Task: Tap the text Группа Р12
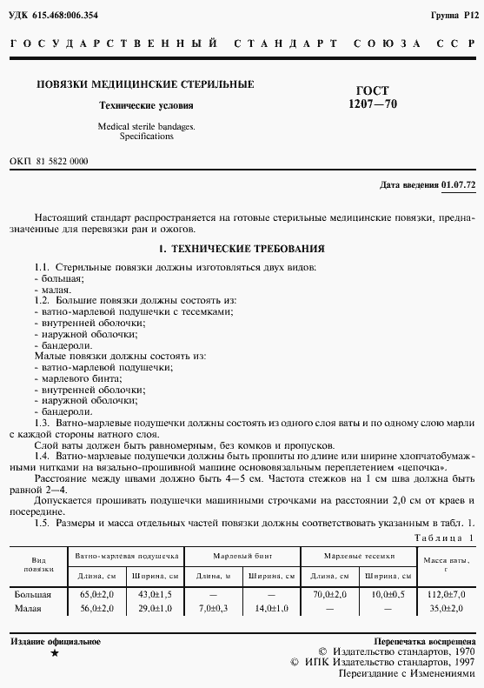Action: [x=453, y=15]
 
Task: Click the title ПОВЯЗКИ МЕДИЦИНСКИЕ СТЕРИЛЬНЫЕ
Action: [x=144, y=84]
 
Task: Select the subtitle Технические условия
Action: [x=145, y=106]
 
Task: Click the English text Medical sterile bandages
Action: [x=146, y=127]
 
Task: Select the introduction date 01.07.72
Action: [x=459, y=185]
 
